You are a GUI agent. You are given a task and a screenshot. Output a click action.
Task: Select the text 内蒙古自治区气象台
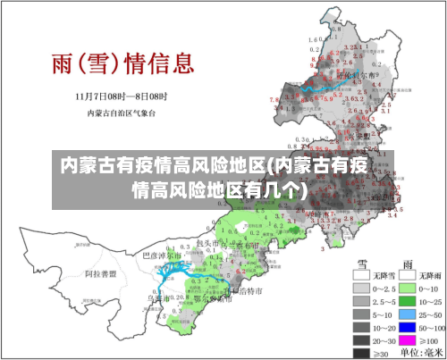tap(122, 113)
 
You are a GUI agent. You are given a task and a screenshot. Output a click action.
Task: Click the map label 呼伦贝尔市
tap(353, 76)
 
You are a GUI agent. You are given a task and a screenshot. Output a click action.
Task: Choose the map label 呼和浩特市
tap(245, 291)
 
